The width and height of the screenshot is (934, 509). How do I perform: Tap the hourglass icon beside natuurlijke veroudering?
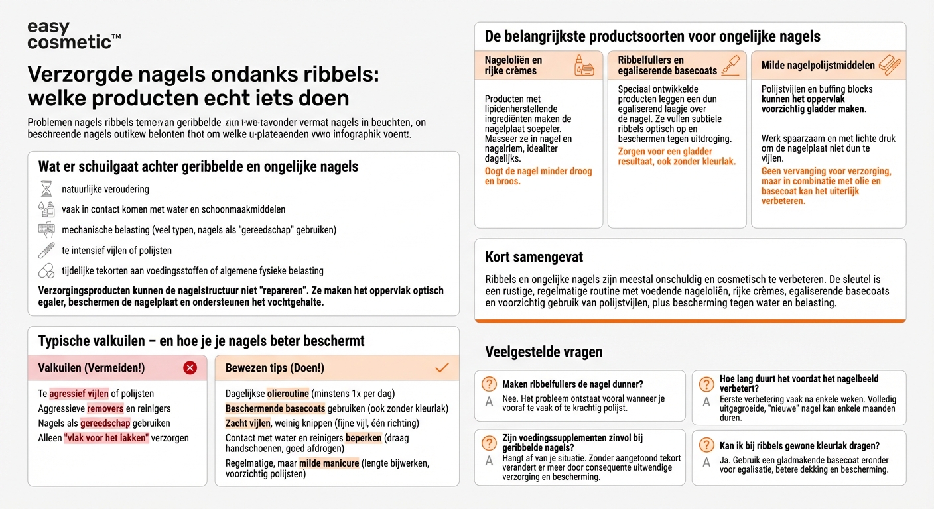46,190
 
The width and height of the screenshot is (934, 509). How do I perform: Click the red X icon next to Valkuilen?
190,368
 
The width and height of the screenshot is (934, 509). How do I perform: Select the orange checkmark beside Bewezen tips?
442,368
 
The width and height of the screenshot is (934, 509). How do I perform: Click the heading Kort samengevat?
534,256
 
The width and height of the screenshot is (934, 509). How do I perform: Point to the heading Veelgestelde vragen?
543,351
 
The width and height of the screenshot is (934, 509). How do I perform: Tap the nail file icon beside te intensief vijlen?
46,251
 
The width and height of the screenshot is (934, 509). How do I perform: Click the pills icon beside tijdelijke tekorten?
46,271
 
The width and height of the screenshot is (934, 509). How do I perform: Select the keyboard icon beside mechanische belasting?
46,230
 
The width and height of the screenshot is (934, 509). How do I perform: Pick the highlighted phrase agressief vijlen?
80,394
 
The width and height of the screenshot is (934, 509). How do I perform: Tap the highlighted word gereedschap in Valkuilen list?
105,423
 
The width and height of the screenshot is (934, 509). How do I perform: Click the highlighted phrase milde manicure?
329,463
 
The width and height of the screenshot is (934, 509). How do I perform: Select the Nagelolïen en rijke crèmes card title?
513,65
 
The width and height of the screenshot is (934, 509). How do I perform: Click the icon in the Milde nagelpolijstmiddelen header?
889,65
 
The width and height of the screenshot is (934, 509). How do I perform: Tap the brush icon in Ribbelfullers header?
730,65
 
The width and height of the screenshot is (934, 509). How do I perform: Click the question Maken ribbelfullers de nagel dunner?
572,384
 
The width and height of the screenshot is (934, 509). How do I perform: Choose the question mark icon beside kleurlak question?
707,446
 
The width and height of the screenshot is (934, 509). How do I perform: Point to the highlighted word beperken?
364,438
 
